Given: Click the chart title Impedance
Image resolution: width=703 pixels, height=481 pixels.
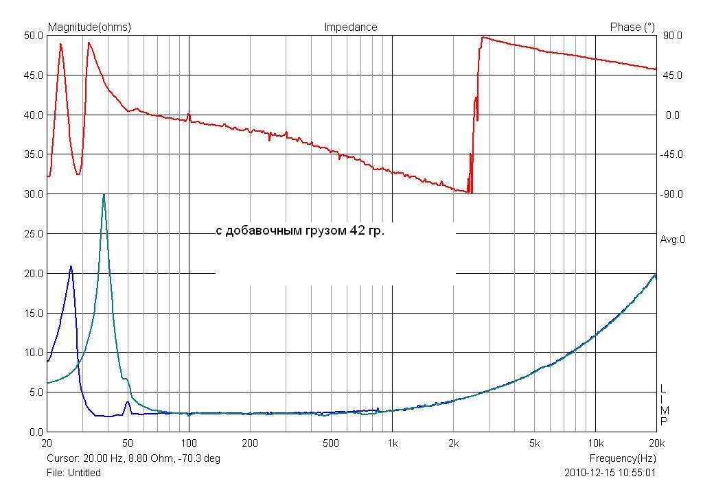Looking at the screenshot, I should (x=350, y=27).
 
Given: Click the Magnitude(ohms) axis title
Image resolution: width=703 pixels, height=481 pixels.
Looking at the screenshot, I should (x=89, y=27).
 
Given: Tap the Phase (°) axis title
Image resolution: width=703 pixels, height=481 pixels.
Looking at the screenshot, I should (x=632, y=27).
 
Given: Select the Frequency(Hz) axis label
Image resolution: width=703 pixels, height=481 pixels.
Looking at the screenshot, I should (x=622, y=458).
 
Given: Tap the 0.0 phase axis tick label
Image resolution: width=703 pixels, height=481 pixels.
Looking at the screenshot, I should (x=673, y=115).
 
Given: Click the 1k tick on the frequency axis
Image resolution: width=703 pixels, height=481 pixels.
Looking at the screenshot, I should (x=392, y=443).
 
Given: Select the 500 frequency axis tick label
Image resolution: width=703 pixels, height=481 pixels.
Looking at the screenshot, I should (x=331, y=443).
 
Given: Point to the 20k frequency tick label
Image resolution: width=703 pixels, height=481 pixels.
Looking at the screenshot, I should (x=656, y=443).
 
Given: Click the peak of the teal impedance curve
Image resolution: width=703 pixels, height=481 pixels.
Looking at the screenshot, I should (x=104, y=195).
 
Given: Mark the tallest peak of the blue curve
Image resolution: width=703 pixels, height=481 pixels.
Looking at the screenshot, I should (x=71, y=266).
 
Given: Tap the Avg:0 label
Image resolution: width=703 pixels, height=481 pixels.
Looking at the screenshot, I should (x=673, y=239).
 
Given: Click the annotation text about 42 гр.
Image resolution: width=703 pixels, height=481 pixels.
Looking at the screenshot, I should (x=300, y=231).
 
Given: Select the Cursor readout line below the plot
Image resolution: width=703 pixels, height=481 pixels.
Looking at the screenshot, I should (x=133, y=458).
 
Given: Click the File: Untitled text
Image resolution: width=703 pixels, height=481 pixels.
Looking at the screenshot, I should (x=73, y=473).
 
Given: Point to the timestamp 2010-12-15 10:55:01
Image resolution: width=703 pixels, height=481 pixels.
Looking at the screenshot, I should (x=610, y=473).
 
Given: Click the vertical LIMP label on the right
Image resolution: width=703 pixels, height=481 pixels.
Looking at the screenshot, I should (x=664, y=405).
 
